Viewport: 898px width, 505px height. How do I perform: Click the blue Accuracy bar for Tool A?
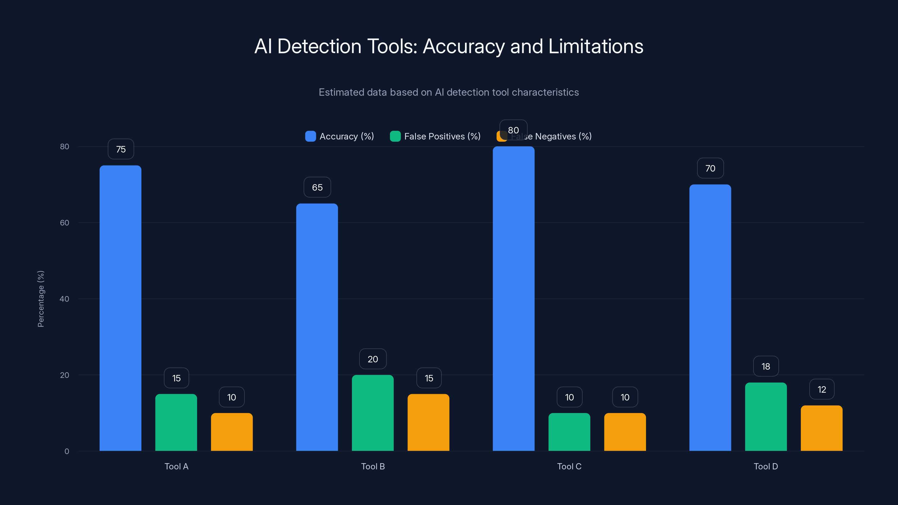(x=120, y=308)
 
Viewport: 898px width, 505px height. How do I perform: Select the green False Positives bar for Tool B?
(x=373, y=413)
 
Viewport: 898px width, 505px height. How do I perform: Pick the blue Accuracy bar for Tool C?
(x=514, y=299)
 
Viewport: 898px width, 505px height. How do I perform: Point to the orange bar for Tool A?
(x=232, y=432)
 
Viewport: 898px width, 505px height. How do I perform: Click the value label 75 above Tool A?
(x=121, y=149)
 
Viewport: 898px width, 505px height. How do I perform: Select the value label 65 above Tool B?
(x=317, y=187)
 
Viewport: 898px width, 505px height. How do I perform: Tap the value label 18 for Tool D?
(x=766, y=366)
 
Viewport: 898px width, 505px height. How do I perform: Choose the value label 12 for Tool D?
(x=822, y=389)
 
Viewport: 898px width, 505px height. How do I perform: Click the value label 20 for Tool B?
(x=373, y=359)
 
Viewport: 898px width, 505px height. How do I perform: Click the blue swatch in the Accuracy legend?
(x=310, y=136)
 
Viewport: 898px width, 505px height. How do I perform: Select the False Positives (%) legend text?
(x=442, y=136)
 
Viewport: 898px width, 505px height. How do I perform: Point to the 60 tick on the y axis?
(x=65, y=223)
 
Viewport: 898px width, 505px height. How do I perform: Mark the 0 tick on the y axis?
(x=67, y=451)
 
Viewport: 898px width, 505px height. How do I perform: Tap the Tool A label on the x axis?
(x=177, y=466)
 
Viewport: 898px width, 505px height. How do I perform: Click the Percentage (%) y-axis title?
(x=41, y=299)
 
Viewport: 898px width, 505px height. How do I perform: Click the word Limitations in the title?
(x=595, y=46)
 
